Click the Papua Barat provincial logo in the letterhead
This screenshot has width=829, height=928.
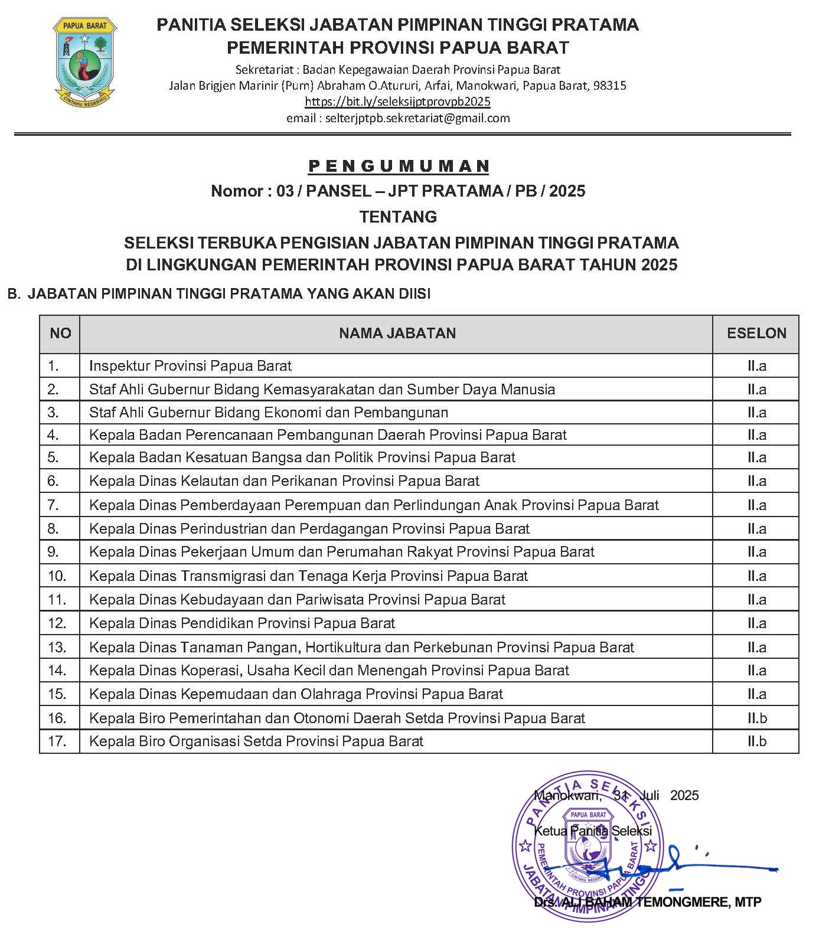click(84, 63)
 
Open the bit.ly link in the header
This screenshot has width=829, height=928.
click(397, 102)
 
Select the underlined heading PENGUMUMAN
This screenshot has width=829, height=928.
click(399, 166)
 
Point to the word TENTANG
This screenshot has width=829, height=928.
click(399, 217)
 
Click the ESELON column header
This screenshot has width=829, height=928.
click(756, 334)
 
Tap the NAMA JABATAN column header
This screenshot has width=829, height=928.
click(397, 334)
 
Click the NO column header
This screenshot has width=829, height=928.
click(60, 334)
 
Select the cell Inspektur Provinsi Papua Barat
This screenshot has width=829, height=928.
click(190, 366)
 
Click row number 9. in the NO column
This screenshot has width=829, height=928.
click(54, 552)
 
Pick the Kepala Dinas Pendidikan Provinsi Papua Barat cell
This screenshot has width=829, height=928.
click(241, 623)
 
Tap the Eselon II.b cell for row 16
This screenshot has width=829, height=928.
click(756, 718)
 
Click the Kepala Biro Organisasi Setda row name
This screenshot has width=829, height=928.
click(256, 741)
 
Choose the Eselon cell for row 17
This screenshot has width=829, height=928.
click(756, 741)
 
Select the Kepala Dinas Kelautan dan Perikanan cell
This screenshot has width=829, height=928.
click(284, 481)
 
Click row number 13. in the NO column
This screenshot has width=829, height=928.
click(57, 648)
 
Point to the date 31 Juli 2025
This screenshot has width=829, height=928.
click(655, 796)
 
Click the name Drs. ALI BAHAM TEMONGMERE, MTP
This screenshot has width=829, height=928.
click(647, 903)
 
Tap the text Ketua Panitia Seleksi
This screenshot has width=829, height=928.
click(592, 831)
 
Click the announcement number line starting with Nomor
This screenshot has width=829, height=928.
click(398, 191)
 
